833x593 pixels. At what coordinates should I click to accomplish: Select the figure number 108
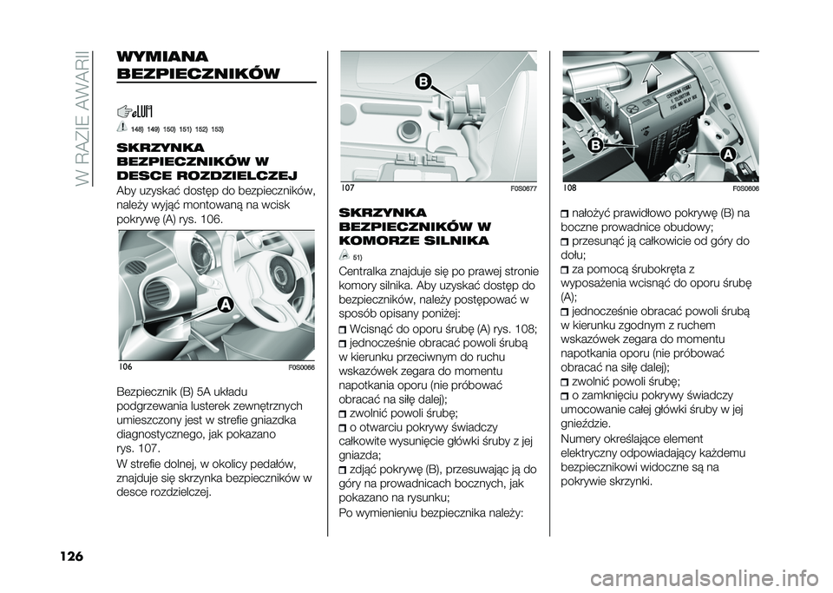[x=569, y=188]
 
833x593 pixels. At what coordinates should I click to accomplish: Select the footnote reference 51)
[x=357, y=257]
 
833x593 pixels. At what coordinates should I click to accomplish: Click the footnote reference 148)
[x=137, y=128]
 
